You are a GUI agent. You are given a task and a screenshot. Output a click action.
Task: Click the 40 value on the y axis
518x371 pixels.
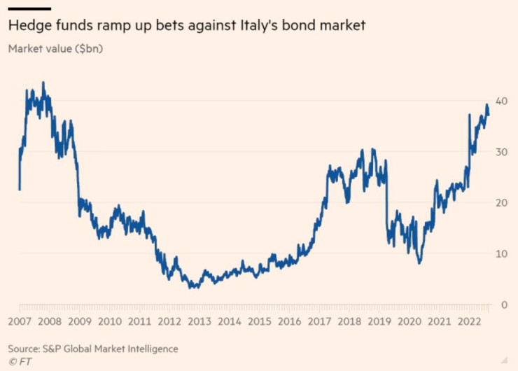[x=503, y=100]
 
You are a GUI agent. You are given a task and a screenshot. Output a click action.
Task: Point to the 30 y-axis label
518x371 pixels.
[x=503, y=151]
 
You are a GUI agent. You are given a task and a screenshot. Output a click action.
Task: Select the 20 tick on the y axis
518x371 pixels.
[x=503, y=202]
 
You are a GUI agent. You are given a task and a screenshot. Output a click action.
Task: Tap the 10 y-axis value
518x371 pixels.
[x=503, y=253]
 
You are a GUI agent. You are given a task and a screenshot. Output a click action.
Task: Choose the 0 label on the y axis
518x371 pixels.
[x=505, y=304]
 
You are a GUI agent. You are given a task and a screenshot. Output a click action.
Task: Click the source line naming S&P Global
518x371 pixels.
[x=93, y=348]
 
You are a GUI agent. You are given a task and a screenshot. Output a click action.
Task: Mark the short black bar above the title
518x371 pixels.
[x=29, y=8]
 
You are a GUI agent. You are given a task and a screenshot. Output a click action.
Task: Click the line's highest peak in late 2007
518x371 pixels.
[x=43, y=83]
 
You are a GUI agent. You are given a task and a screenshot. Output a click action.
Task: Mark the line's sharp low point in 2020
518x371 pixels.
[x=419, y=263]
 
